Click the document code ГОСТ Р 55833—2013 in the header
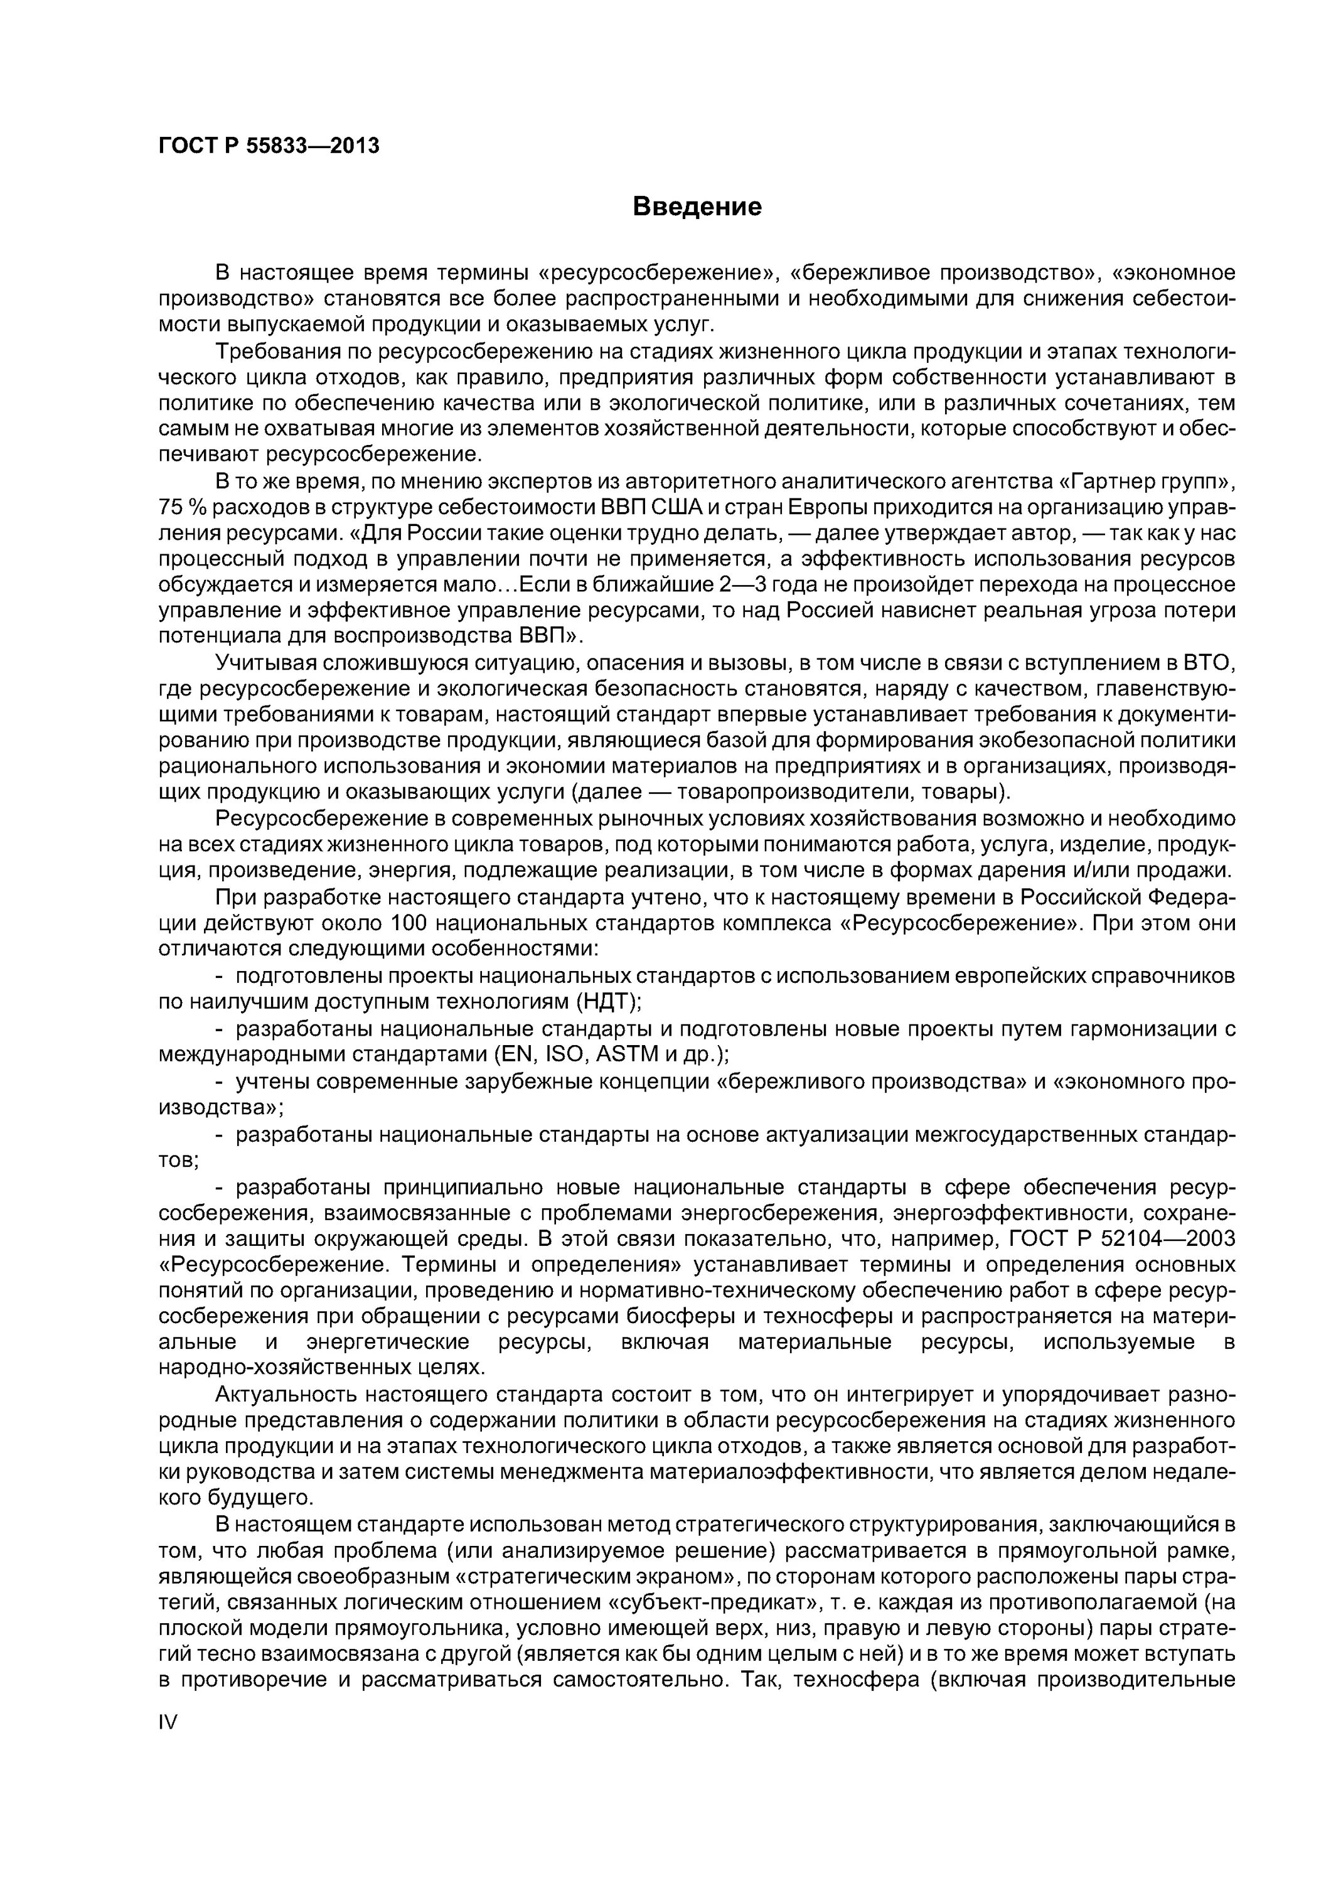(x=269, y=146)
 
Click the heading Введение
(x=697, y=207)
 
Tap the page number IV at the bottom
(x=168, y=1722)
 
